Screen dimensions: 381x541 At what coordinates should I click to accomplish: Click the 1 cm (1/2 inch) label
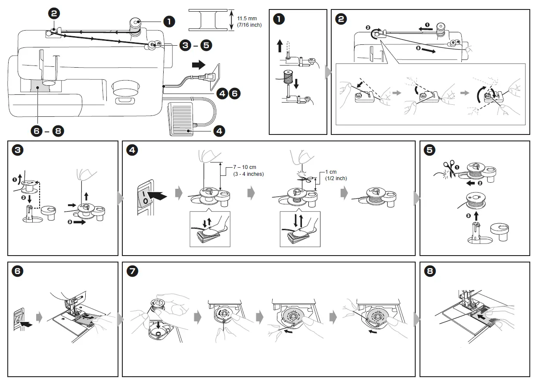(336, 175)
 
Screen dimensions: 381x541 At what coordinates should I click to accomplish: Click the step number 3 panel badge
(18, 150)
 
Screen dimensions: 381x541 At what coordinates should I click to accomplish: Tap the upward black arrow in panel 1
(280, 45)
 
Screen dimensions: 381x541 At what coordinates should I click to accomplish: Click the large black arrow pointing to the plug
(199, 65)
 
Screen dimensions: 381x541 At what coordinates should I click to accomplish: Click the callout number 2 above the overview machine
(54, 13)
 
